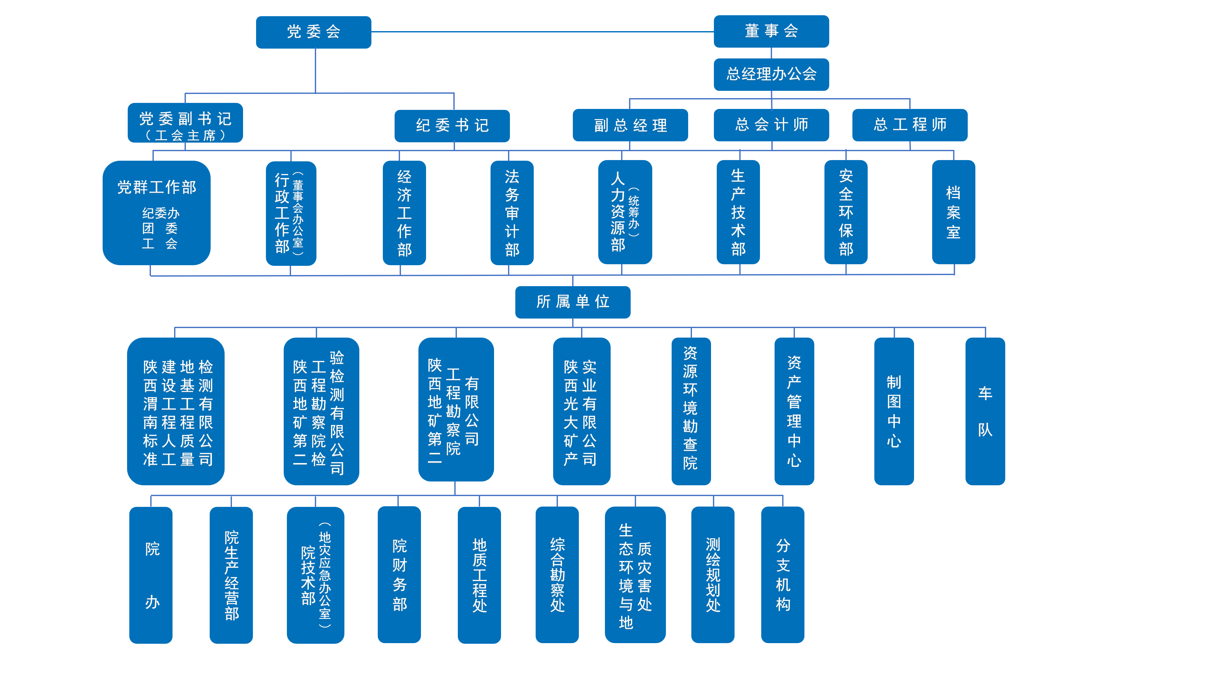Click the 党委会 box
click(x=314, y=32)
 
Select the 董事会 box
click(x=771, y=31)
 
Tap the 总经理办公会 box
click(x=771, y=74)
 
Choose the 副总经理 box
click(x=630, y=125)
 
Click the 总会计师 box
click(x=771, y=125)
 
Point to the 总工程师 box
click(x=909, y=125)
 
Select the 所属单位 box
click(x=573, y=302)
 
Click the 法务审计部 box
click(x=512, y=212)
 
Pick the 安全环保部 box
click(x=845, y=212)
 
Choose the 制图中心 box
click(x=894, y=411)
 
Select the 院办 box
click(x=151, y=575)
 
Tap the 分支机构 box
click(x=783, y=575)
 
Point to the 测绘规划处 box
click(x=712, y=575)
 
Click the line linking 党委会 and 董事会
click(x=542, y=32)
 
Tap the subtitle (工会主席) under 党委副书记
click(x=185, y=136)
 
